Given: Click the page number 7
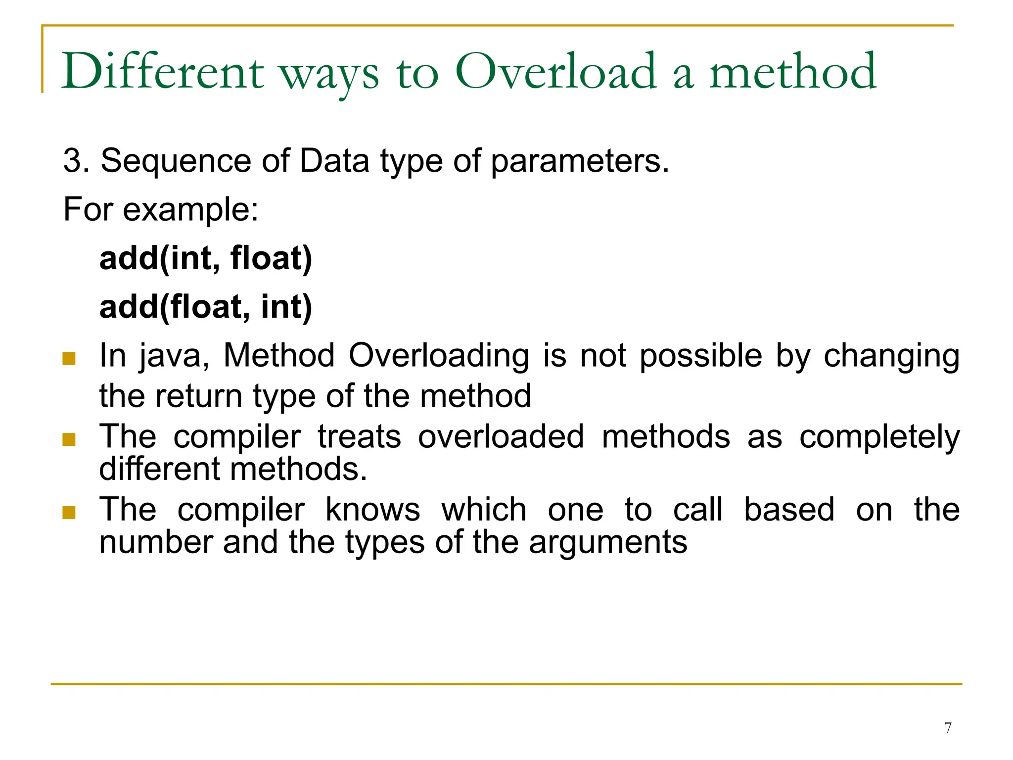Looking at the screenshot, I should click(948, 728).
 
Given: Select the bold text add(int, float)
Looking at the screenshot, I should click(206, 258).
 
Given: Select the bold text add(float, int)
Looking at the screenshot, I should click(206, 307).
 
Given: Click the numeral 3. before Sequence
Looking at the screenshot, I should click(76, 161).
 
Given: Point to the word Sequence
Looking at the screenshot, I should click(176, 161).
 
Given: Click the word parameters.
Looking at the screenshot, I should click(580, 162).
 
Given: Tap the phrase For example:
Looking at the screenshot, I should click(161, 209).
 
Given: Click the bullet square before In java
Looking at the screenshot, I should click(69, 358).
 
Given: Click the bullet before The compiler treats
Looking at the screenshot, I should click(69, 439).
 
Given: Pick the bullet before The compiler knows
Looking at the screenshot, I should click(69, 512).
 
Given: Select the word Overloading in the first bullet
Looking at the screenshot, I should click(439, 356).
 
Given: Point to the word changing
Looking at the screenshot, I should click(891, 356).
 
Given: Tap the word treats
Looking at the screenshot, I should click(359, 437).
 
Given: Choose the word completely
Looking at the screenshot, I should click(879, 438).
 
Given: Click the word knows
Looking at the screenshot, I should click(372, 510).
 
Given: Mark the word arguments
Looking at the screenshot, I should click(608, 543).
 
